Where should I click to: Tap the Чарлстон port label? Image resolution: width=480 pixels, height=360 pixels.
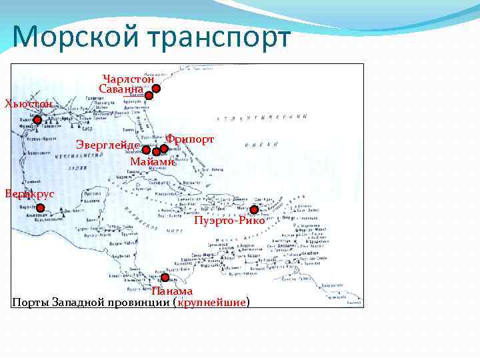(x=129, y=79)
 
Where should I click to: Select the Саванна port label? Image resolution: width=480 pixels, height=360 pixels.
(x=121, y=89)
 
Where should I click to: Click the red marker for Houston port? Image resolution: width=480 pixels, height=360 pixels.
(x=38, y=121)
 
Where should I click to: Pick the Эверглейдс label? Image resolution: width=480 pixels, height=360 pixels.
(x=107, y=145)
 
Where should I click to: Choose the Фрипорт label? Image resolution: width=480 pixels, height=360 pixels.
(x=190, y=139)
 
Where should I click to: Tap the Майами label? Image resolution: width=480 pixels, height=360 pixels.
(x=153, y=161)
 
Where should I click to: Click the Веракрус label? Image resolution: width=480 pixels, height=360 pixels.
(x=29, y=193)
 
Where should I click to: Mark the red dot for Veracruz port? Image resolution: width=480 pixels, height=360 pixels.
(x=40, y=208)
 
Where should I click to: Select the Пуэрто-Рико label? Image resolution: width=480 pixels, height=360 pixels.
(x=229, y=221)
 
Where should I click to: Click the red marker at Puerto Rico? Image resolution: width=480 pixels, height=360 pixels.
(x=254, y=210)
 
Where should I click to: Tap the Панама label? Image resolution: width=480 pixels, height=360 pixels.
(x=172, y=291)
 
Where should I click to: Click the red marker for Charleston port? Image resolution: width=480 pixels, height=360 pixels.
(x=155, y=88)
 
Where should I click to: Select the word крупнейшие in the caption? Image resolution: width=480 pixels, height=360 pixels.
(x=213, y=303)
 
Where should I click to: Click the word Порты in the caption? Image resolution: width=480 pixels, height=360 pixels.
(x=29, y=303)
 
